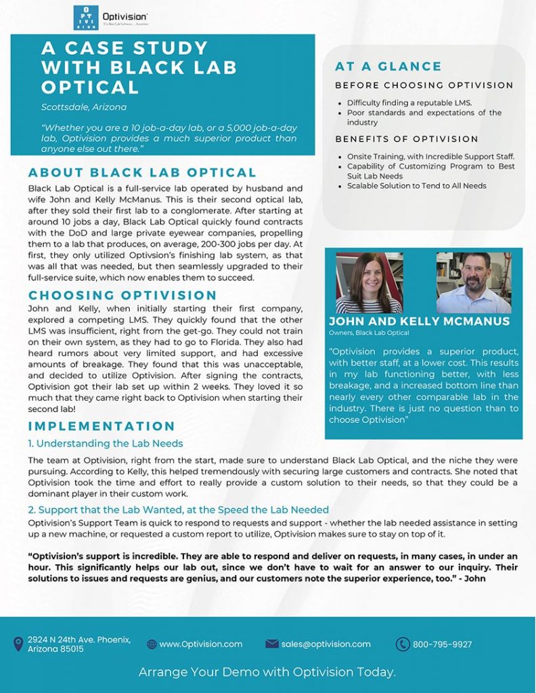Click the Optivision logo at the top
click(x=111, y=18)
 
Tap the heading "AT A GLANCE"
click(x=388, y=66)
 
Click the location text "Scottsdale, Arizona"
click(x=83, y=107)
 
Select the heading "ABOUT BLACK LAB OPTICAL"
click(x=142, y=173)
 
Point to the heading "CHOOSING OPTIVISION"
click(x=122, y=295)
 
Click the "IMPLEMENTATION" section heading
click(x=102, y=426)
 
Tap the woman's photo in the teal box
click(x=369, y=282)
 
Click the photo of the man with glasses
click(x=474, y=282)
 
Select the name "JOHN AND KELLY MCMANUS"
click(x=420, y=321)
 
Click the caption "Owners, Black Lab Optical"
click(x=369, y=333)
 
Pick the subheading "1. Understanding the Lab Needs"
click(x=106, y=444)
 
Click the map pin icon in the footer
click(x=18, y=644)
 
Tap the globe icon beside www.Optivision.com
click(x=152, y=644)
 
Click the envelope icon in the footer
click(x=272, y=644)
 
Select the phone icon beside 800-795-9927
click(x=403, y=644)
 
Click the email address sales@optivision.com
click(x=326, y=644)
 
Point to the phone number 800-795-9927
click(x=443, y=644)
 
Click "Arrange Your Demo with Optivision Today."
click(x=267, y=672)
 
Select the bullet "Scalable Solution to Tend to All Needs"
click(x=417, y=185)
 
